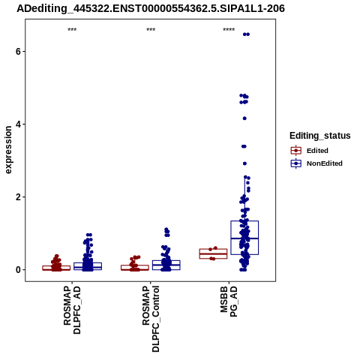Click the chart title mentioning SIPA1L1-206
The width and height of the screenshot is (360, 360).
point(151,9)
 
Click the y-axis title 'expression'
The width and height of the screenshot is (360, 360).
point(8,150)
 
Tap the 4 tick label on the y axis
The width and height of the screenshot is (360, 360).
point(18,124)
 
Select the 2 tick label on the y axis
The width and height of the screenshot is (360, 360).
point(18,197)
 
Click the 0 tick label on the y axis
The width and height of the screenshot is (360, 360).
point(18,270)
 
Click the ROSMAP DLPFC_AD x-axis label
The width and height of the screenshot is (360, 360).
point(72,310)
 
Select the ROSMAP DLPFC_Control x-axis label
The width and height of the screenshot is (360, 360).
point(151,319)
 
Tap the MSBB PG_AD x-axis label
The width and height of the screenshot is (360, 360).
point(229,301)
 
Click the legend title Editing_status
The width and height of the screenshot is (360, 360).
point(320,136)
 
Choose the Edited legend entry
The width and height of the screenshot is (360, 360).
point(310,151)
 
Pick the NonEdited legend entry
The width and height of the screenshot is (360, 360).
point(316,163)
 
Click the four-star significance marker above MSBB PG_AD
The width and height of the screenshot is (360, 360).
point(229,30)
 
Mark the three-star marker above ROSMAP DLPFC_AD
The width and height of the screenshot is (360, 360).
point(72,30)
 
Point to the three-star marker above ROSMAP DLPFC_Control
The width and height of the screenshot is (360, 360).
point(151,30)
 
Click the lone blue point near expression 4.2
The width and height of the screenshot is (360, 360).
point(244,118)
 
